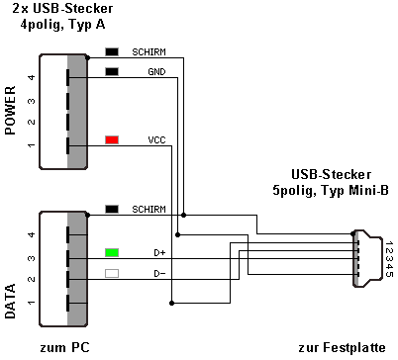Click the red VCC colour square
[112, 139]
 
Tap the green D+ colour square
[112, 253]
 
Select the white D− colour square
[112, 273]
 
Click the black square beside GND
[112, 71]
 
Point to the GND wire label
[156, 72]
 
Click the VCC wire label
[156, 140]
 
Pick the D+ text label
[159, 253]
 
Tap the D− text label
[159, 274]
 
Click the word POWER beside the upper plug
[11, 110]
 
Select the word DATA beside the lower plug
[11, 301]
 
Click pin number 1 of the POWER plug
[32, 145]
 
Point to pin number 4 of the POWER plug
[32, 77]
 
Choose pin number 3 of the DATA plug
[32, 258]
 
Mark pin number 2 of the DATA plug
[32, 279]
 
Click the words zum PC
[64, 347]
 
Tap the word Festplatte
[354, 347]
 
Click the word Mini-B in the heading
[369, 190]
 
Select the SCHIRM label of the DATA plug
[149, 210]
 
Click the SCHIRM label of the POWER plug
[149, 52]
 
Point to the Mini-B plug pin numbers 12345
[389, 259]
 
